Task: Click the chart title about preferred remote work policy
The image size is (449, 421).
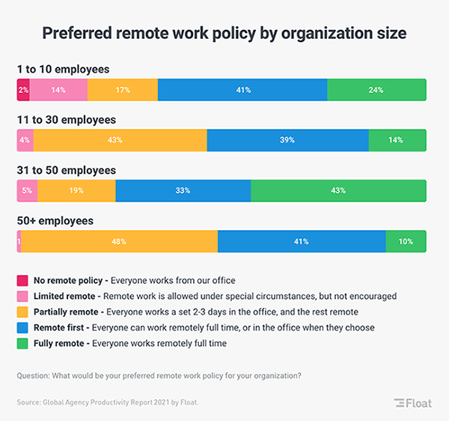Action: pyautogui.click(x=224, y=34)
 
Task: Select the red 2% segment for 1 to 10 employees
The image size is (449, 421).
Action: pyautogui.click(x=23, y=90)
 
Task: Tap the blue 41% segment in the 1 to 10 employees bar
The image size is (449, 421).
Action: pyautogui.click(x=242, y=90)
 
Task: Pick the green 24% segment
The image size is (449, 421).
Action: pyautogui.click(x=376, y=90)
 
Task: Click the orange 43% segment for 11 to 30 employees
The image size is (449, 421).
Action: pyautogui.click(x=120, y=140)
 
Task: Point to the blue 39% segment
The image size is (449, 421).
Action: pyautogui.click(x=287, y=140)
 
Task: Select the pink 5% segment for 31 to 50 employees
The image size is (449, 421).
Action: pyautogui.click(x=27, y=190)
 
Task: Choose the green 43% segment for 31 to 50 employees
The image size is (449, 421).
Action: pyautogui.click(x=337, y=190)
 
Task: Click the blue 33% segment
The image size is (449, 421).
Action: pyautogui.click(x=183, y=190)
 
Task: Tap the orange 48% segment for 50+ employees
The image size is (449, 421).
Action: pyautogui.click(x=119, y=241)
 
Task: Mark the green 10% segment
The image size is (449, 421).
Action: pyautogui.click(x=406, y=241)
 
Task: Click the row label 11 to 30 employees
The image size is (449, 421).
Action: pyautogui.click(x=67, y=120)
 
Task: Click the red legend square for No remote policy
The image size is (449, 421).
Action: pyautogui.click(x=22, y=281)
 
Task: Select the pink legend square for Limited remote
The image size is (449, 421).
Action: pyautogui.click(x=22, y=295)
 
